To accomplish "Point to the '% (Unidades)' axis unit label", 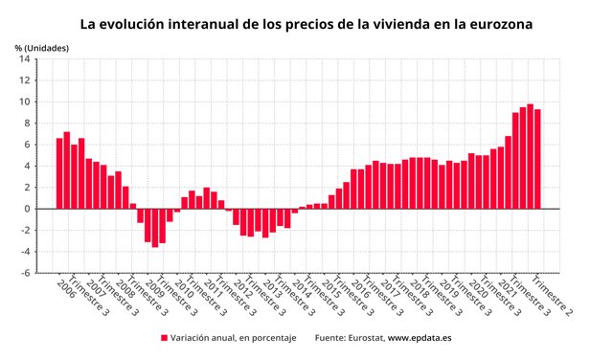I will click(x=41, y=47).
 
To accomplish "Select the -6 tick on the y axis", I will click(x=26, y=273).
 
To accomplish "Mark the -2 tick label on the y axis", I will click(x=26, y=231).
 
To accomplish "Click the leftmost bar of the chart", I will click(x=59, y=173).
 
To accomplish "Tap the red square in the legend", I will click(x=164, y=338).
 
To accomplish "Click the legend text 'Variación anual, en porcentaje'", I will click(x=234, y=338).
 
